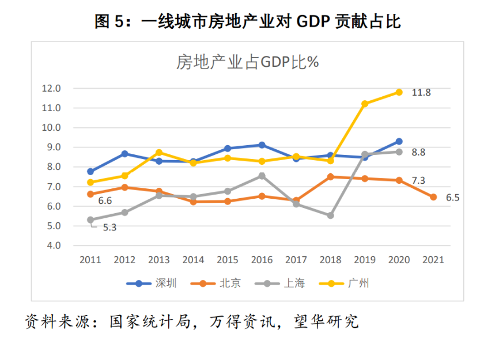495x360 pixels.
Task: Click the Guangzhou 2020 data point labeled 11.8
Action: pos(398,92)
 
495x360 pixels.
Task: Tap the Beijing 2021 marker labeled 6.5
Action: pos(433,197)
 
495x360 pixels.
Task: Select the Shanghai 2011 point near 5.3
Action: pos(90,220)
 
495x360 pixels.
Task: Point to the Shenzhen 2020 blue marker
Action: pos(398,141)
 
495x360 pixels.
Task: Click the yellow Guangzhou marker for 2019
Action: pos(364,104)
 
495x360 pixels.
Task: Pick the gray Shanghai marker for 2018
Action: pos(330,215)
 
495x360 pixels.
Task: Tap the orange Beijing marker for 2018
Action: pos(330,177)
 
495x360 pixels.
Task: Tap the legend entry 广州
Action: pos(358,283)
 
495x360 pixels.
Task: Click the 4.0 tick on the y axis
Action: pos(53,245)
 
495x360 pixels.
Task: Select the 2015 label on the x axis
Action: pos(227,260)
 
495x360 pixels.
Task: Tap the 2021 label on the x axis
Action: pos(433,260)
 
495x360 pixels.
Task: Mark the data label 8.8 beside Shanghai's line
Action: pos(418,153)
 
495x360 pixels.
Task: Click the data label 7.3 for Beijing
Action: pos(418,181)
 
